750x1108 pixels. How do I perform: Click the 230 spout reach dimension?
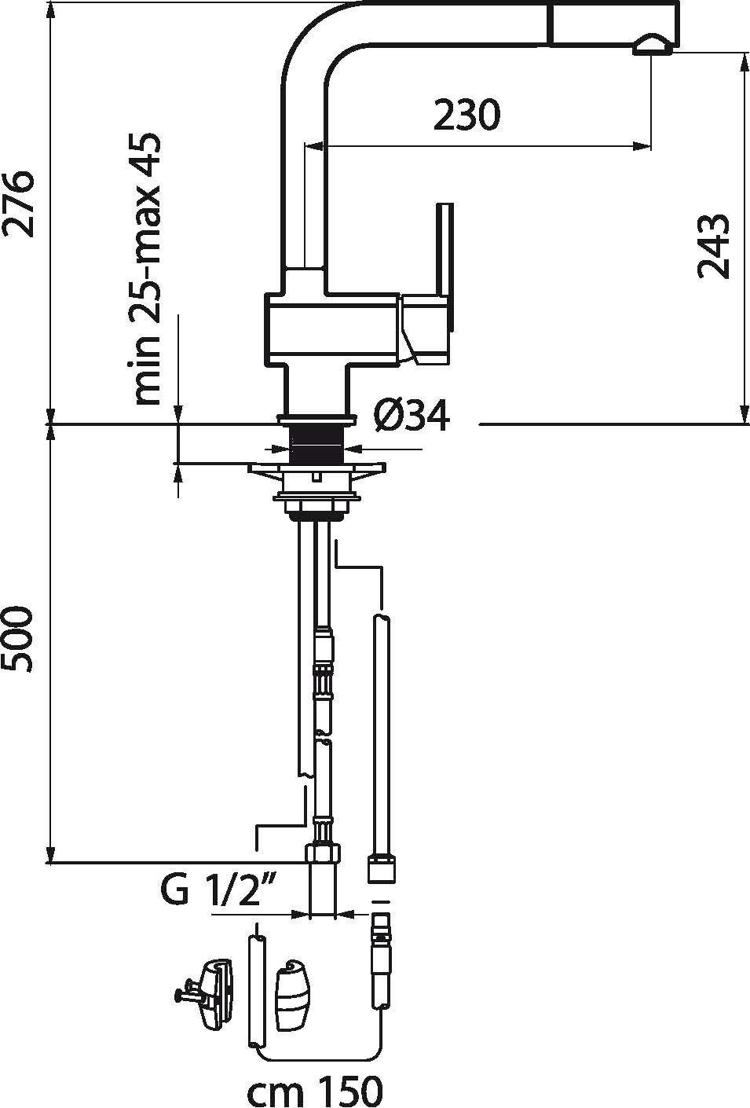click(466, 115)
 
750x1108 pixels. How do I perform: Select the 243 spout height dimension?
click(713, 246)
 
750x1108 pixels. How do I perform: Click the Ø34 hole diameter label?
click(412, 416)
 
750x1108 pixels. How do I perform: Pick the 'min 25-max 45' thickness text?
click(145, 269)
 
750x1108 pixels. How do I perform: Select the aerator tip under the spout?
click(652, 45)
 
